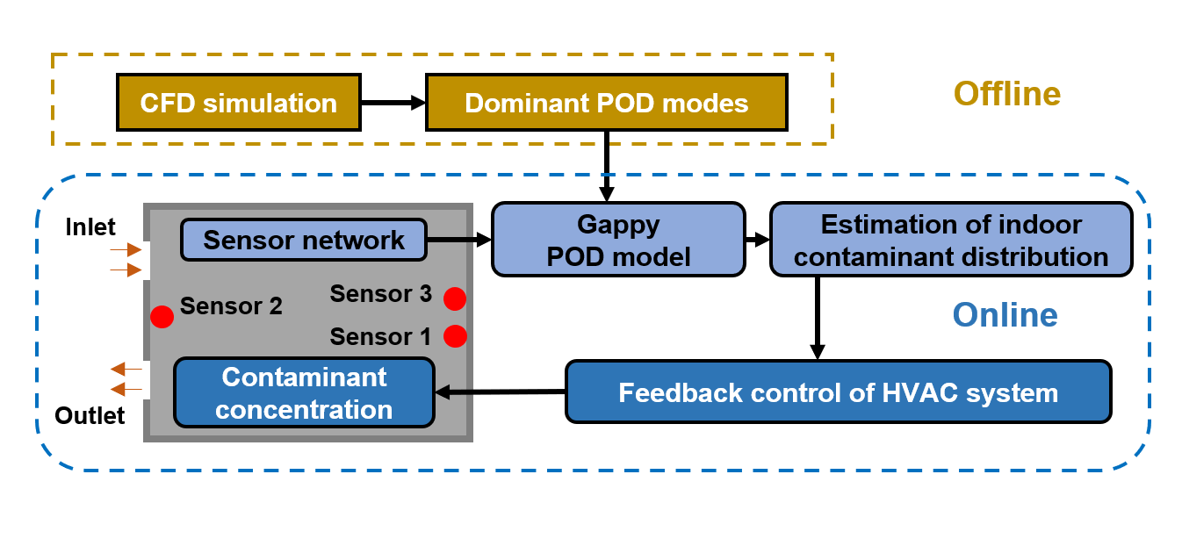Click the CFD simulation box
click(238, 103)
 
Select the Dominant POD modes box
click(606, 103)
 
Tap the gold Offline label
click(1007, 93)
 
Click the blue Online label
click(1005, 314)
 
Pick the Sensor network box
click(304, 240)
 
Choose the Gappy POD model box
click(617, 240)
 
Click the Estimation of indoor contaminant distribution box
click(951, 240)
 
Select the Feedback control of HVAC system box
click(838, 392)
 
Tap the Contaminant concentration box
click(304, 392)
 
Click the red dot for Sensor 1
click(454, 335)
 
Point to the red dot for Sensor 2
click(162, 317)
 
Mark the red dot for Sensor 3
click(454, 298)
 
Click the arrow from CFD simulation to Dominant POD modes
click(393, 103)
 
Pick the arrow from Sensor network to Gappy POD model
click(458, 239)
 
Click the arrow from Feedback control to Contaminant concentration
click(501, 392)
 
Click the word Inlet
click(90, 227)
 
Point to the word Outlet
click(90, 414)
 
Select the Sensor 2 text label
click(231, 306)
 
